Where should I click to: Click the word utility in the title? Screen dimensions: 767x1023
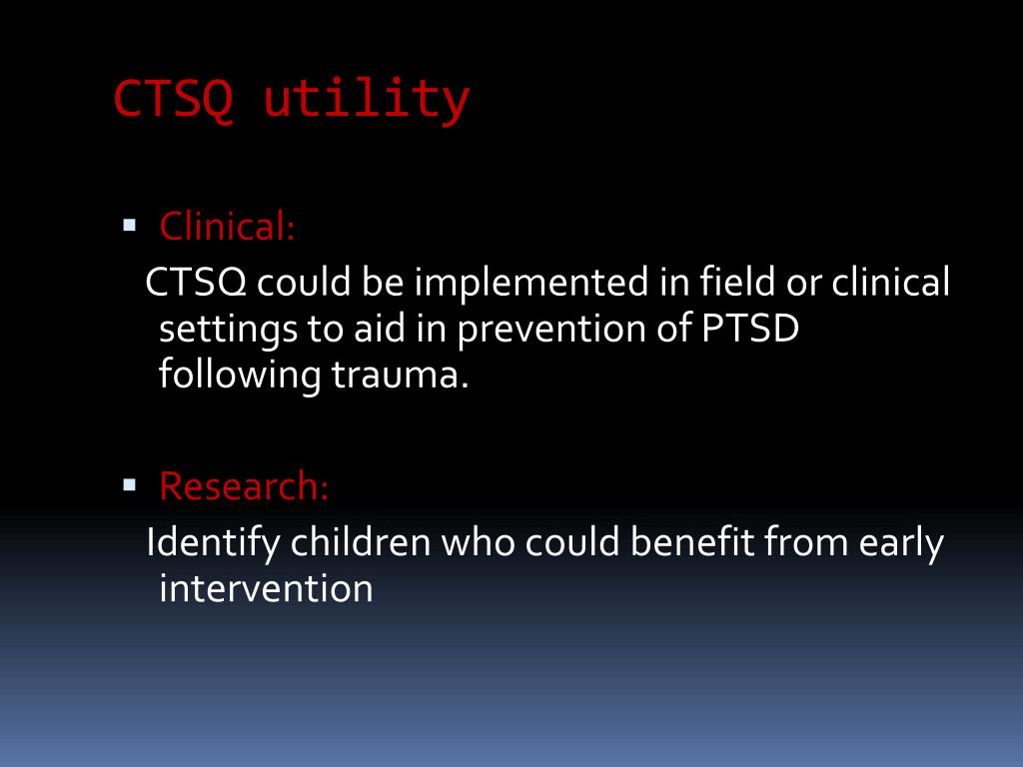pos(366,100)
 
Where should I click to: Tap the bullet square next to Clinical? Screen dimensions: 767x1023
pos(129,226)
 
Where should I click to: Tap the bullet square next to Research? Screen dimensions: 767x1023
pos(129,485)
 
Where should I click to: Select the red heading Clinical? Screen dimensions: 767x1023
pos(227,227)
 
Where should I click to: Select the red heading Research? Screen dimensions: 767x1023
pos(244,486)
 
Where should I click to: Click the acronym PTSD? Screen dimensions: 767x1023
pos(749,330)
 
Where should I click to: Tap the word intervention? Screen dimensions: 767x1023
pos(266,588)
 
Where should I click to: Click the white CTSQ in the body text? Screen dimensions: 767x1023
pos(195,284)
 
